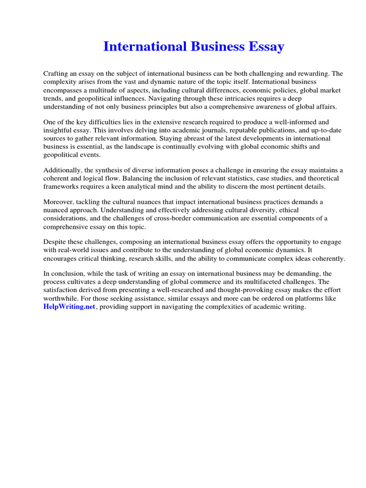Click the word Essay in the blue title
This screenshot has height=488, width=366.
(264, 47)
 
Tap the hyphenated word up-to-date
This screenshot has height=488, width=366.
(308, 130)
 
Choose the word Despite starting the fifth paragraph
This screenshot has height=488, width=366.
(55, 242)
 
